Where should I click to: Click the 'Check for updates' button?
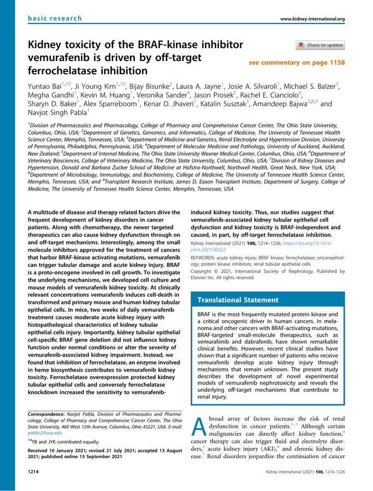[x=320, y=45]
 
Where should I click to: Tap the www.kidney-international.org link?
[x=312, y=20]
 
